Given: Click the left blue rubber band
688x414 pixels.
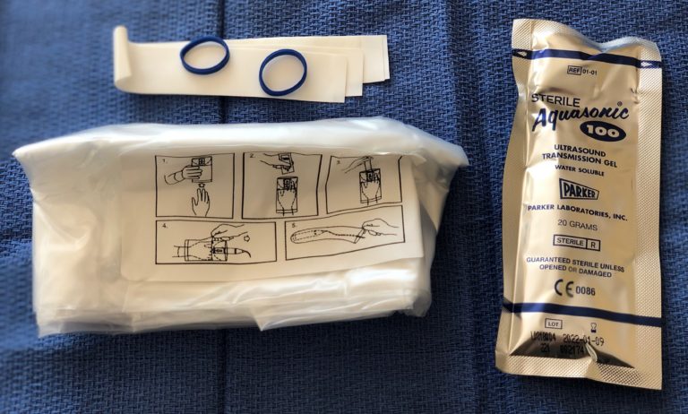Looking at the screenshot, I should click(204, 56).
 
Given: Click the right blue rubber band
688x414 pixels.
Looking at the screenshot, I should click(283, 72).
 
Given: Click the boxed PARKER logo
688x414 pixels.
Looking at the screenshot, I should click(578, 190).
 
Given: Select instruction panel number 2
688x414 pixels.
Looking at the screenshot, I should click(281, 184).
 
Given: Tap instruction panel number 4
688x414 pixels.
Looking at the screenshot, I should click(215, 242).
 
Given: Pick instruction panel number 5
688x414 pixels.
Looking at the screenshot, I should click(344, 237).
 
